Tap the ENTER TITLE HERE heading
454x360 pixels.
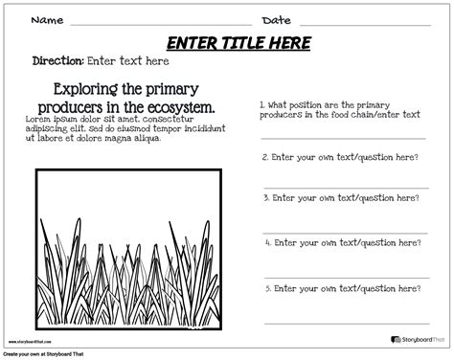pyautogui.click(x=238, y=42)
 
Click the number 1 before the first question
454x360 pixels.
pyautogui.click(x=262, y=103)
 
